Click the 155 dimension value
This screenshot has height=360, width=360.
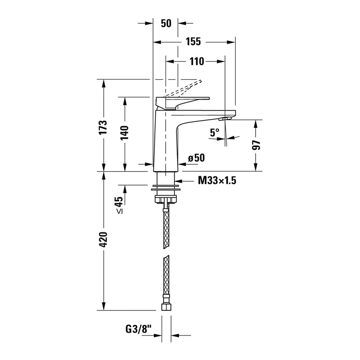[x=193, y=42]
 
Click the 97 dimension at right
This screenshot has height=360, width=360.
[x=256, y=145]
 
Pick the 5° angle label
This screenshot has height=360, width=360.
[x=215, y=133]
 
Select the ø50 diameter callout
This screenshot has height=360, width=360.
[x=196, y=158]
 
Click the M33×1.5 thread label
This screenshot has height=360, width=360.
[x=217, y=181]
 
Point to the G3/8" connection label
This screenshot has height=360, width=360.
[x=138, y=328]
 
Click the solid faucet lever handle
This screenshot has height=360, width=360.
[x=182, y=101]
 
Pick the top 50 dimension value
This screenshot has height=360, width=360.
[x=166, y=23]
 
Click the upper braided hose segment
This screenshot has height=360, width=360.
[x=166, y=227]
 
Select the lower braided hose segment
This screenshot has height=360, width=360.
[x=166, y=277]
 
